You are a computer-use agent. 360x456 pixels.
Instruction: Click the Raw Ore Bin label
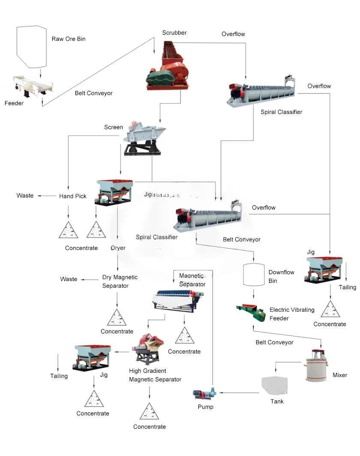tap(69, 39)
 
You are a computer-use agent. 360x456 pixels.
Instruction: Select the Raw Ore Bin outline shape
tap(31, 46)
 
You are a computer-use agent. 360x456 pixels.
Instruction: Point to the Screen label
tap(113, 127)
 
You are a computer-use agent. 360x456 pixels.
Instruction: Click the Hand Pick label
tap(72, 196)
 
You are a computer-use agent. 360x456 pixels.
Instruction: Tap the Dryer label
tap(118, 248)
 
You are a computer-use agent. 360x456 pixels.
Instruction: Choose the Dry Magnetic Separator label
tap(120, 282)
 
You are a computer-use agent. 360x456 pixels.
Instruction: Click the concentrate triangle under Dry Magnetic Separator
tap(117, 318)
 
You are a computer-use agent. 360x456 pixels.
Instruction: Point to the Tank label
tap(277, 402)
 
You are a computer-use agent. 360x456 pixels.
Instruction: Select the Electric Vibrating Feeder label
tap(291, 314)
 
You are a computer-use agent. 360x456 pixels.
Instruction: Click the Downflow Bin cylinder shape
tap(254, 275)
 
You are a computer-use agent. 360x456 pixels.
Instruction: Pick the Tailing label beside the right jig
tap(347, 287)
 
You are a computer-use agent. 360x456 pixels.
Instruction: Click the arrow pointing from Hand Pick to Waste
tap(47, 196)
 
